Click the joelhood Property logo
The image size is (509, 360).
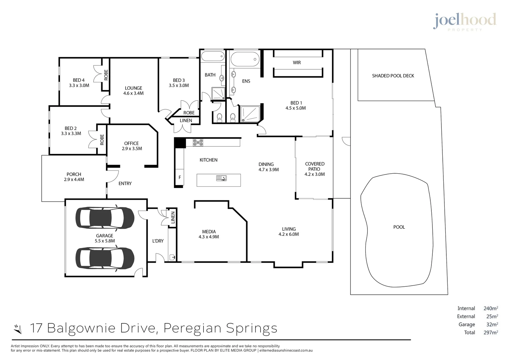click(x=465, y=22)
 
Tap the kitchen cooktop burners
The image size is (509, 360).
click(x=198, y=143)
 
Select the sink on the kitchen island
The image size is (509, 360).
click(x=221, y=178)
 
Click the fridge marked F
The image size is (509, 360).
click(x=180, y=177)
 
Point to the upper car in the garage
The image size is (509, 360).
click(x=105, y=218)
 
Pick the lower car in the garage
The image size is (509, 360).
click(x=105, y=258)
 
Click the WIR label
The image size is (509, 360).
click(x=297, y=63)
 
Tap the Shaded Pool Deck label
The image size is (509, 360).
click(x=393, y=76)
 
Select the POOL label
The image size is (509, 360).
click(x=399, y=227)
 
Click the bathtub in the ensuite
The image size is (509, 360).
click(x=245, y=59)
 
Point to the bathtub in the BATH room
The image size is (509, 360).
click(x=213, y=56)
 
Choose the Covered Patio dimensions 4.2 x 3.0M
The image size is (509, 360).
click(x=315, y=174)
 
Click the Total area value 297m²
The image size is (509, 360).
click(x=491, y=332)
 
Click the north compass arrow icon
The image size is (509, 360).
click(x=18, y=329)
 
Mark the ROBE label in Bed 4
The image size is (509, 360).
click(x=106, y=75)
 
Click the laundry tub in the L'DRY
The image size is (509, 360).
click(x=172, y=257)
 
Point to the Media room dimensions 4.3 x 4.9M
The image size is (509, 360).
click(x=209, y=237)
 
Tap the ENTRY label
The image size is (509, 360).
click(x=125, y=184)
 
